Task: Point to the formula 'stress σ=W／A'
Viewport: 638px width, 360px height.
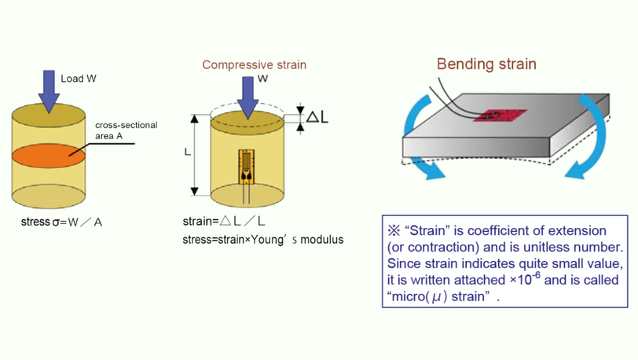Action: pos(62,222)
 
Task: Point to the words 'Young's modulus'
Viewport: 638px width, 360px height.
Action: pos(307,239)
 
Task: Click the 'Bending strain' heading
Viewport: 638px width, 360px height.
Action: pos(486,64)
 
